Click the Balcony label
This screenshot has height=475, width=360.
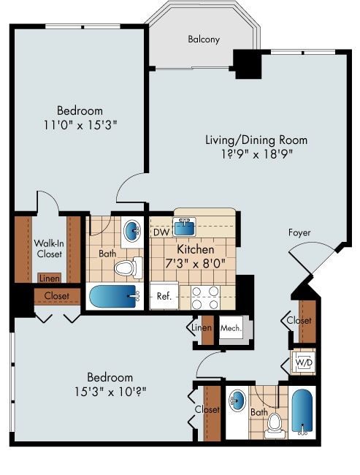(203, 39)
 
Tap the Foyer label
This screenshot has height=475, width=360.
(299, 232)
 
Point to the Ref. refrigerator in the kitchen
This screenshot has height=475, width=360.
(164, 297)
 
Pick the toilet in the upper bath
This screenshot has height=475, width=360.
(126, 267)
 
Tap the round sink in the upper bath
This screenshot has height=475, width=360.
(132, 232)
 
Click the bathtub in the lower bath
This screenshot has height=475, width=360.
(302, 411)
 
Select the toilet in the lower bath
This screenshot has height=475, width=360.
(275, 423)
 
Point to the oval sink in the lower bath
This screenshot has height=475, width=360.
(237, 401)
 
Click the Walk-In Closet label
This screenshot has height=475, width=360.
(48, 248)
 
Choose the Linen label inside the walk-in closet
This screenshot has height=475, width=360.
(49, 278)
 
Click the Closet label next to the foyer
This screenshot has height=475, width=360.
(299, 320)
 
